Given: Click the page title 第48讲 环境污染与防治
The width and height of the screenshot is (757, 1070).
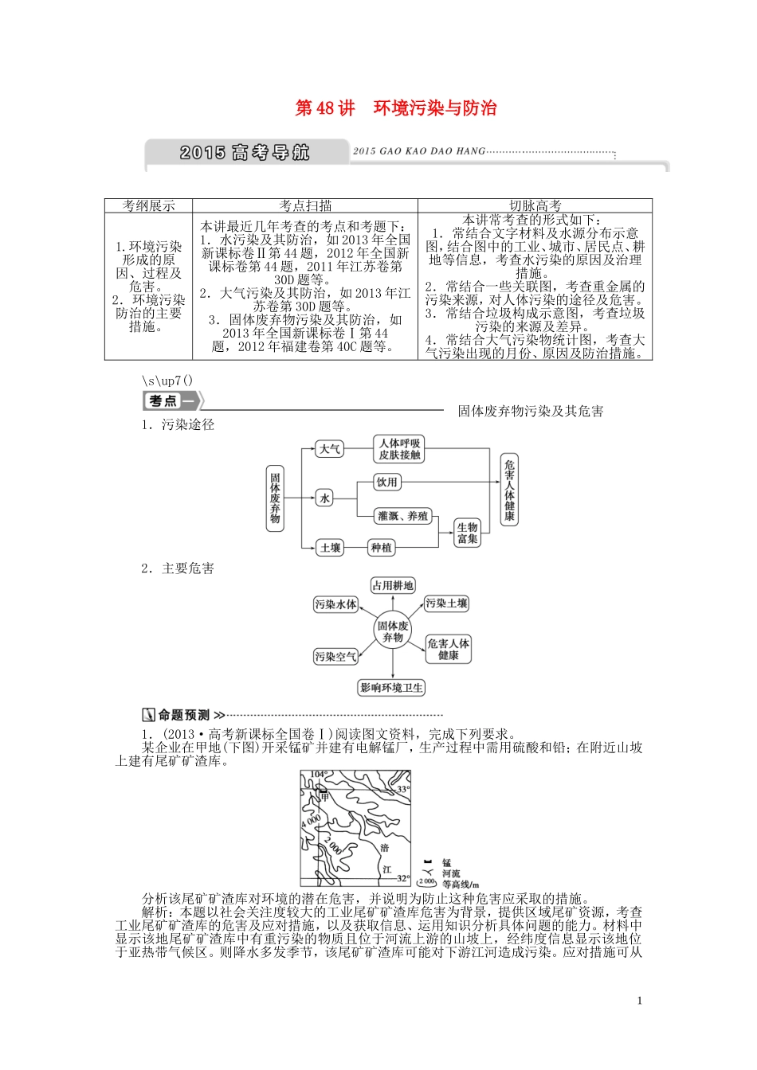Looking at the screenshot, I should [x=396, y=108].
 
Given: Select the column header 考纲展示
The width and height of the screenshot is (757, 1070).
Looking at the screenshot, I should [x=148, y=205].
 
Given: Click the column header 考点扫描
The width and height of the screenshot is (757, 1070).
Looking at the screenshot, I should [x=304, y=205].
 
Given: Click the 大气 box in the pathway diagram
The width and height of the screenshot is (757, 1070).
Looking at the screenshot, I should [x=330, y=449].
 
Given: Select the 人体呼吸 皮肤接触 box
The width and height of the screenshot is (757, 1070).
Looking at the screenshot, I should [x=400, y=449].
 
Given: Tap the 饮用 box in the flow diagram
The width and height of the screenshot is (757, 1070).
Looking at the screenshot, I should [x=386, y=482].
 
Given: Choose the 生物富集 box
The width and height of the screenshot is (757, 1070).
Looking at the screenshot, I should [x=467, y=533].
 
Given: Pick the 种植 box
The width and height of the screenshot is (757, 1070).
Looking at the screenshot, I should [x=381, y=548].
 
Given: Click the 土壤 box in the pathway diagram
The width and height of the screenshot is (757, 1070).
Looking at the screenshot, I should [x=330, y=548].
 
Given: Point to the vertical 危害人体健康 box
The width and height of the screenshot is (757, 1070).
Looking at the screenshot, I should [x=509, y=490].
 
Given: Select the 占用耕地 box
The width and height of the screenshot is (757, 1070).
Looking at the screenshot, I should [x=393, y=586].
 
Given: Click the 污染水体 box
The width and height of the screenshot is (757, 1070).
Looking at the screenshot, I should [x=335, y=604].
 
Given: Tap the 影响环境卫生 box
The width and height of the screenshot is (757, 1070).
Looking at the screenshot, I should [x=392, y=688].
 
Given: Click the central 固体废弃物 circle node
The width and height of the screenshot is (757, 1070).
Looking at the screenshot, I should [x=393, y=632].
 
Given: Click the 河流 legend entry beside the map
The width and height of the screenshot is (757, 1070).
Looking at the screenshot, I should [x=451, y=873].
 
